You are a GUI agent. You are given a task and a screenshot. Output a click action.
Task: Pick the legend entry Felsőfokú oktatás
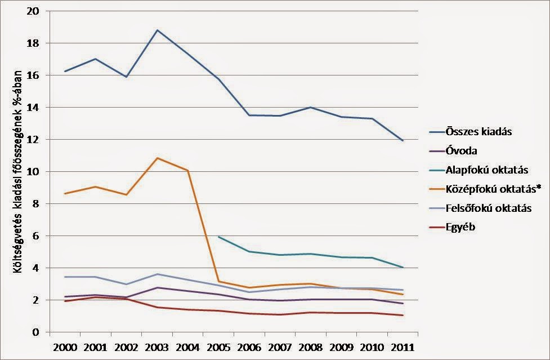click(487, 208)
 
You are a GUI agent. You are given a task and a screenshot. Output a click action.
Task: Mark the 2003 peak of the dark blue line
click(157, 30)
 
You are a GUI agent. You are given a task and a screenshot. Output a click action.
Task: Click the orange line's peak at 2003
click(157, 158)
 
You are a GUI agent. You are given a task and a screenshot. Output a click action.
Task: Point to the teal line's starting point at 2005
click(218, 237)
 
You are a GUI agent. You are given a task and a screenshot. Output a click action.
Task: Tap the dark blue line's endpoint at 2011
click(403, 140)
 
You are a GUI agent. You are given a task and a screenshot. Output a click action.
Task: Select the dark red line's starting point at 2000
click(65, 301)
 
